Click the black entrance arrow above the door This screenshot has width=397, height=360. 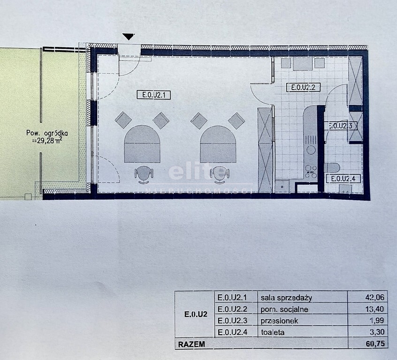[129, 37]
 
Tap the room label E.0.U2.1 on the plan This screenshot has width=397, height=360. [154, 95]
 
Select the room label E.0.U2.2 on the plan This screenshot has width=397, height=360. [303, 87]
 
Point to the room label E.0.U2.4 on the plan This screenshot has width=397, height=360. [343, 178]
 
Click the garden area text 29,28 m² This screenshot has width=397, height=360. [48, 141]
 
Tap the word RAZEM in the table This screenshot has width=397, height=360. [191, 345]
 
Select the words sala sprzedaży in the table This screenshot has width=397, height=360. [286, 298]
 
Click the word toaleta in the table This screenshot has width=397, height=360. [273, 332]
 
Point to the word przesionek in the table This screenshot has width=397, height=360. [279, 321]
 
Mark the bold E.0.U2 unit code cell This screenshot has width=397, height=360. [196, 315]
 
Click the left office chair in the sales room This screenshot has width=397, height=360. [144, 174]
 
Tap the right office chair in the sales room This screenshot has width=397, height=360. [220, 174]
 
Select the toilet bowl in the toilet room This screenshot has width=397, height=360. [332, 167]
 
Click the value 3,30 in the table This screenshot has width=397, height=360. [377, 332]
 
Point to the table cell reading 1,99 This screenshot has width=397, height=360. [377, 320]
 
